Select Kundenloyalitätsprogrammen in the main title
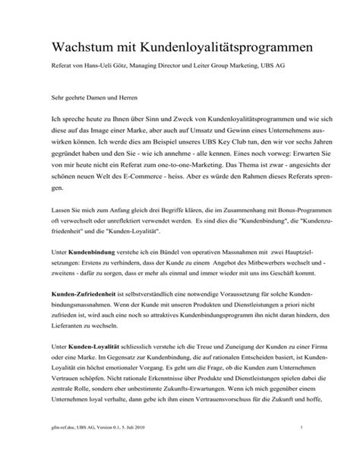click(x=219, y=47)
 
